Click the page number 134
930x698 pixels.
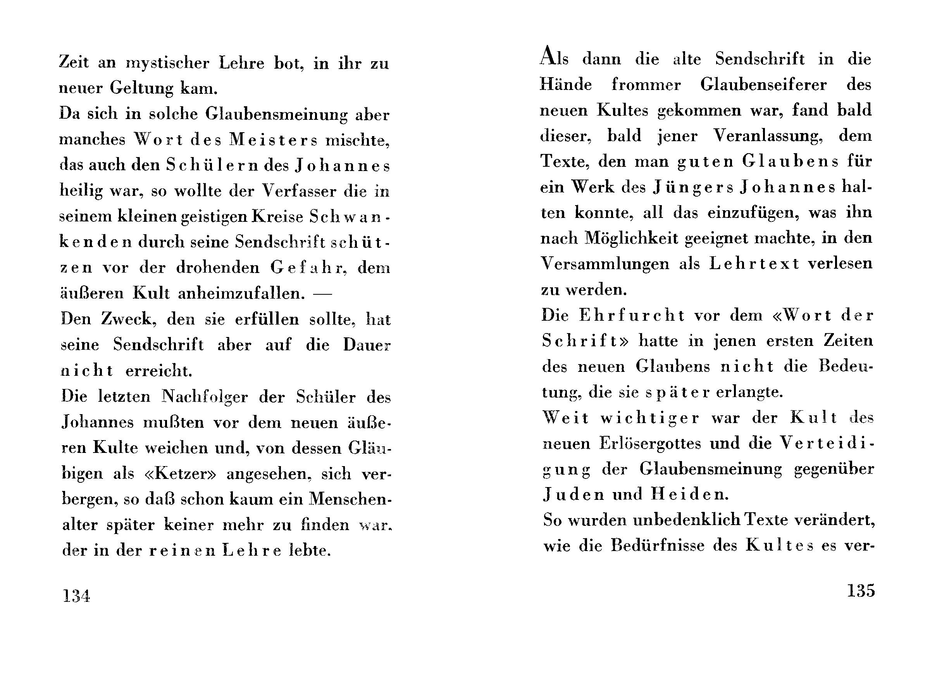point(76,596)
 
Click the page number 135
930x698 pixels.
point(861,591)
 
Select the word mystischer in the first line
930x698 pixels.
point(167,63)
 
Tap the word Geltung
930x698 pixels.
point(142,88)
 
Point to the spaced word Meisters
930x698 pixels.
point(273,140)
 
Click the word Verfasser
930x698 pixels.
point(299,191)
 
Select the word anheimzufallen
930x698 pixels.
point(241,293)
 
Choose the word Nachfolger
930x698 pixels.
point(205,396)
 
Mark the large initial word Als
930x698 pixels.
point(554,57)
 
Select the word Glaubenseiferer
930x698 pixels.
point(763,85)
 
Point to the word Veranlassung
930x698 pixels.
point(768,136)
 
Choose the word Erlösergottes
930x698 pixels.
point(650,444)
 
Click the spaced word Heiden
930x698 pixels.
point(689,494)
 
